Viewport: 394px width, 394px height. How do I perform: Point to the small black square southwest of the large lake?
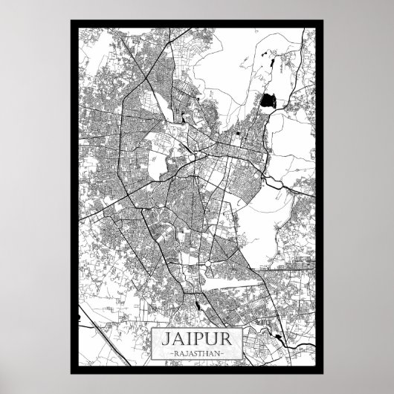[x=237, y=133]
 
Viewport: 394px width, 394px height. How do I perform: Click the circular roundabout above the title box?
[x=210, y=263]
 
